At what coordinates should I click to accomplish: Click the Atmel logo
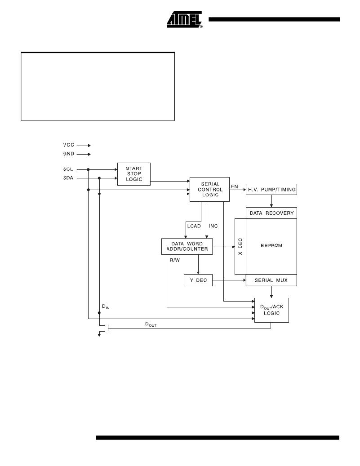tap(184, 20)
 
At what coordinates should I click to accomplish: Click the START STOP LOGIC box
tap(134, 174)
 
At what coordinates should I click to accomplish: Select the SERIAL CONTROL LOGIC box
tap(209, 189)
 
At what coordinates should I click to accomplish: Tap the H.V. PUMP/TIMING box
tap(271, 189)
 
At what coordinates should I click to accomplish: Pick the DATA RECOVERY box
tap(271, 213)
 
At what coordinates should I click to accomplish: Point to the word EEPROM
tap(271, 245)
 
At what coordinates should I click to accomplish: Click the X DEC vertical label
tap(240, 246)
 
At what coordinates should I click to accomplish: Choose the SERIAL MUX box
tap(271, 280)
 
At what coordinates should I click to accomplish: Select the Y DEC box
tap(198, 280)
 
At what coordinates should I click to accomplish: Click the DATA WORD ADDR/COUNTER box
tap(187, 246)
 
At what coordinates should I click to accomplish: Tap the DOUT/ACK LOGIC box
tap(272, 310)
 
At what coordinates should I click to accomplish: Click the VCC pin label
tap(69, 145)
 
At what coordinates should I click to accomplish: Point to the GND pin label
tap(69, 154)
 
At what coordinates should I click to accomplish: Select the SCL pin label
tap(68, 169)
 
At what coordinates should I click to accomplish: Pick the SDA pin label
tap(68, 178)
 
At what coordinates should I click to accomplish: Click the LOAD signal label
tap(194, 226)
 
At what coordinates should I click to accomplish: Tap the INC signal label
tap(213, 226)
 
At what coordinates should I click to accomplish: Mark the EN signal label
tap(235, 186)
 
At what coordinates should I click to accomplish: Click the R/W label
tap(175, 260)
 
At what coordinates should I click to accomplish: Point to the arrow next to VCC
tap(84, 146)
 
